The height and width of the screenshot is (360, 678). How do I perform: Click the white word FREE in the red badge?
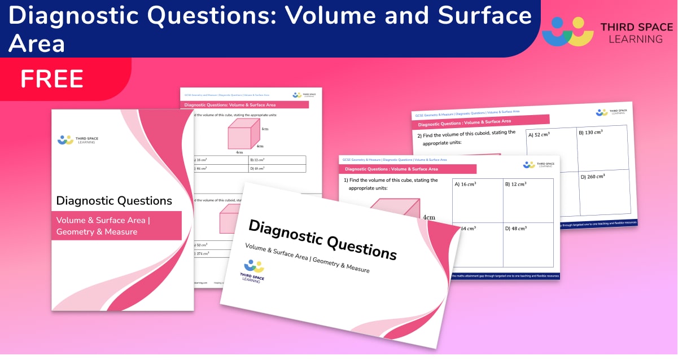click(52, 78)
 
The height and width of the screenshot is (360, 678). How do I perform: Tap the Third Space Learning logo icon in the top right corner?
click(567, 32)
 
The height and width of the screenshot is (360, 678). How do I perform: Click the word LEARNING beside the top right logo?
click(632, 39)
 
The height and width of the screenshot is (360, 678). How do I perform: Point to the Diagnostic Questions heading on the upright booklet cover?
click(114, 200)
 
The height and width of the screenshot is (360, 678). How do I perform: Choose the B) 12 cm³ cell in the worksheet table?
click(277, 160)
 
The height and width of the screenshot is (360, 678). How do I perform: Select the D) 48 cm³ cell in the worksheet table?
click(277, 168)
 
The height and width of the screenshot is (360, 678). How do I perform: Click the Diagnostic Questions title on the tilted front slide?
click(322, 239)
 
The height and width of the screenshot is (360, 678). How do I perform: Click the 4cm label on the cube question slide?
click(428, 217)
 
